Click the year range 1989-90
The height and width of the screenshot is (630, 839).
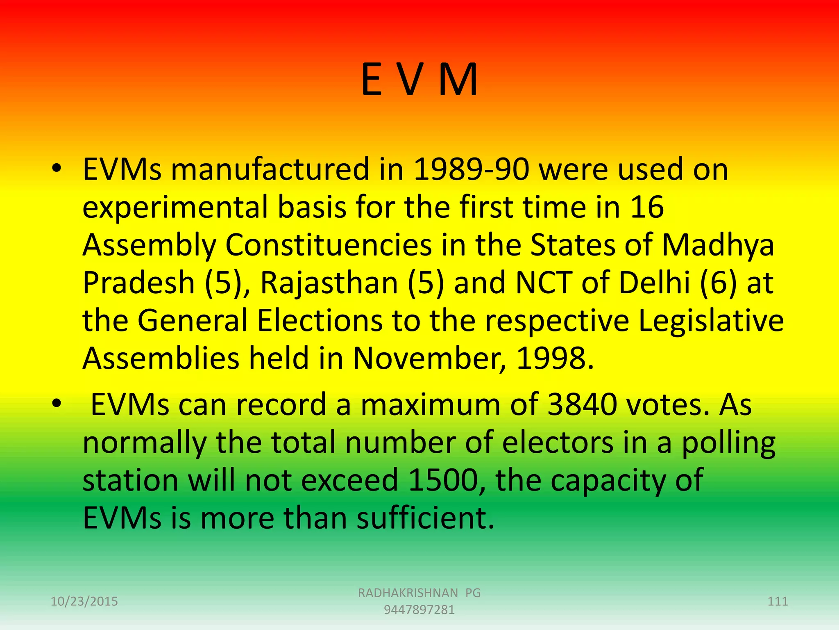pos(471,169)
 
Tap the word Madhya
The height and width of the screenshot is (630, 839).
pos(718,245)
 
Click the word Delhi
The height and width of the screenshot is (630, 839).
pos(654,283)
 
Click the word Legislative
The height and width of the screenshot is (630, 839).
pos(711,321)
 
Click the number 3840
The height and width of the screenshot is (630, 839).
pos(582,405)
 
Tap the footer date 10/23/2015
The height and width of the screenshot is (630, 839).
pos(84,601)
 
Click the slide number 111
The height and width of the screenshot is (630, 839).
pos(778,601)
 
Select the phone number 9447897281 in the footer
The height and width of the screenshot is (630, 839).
pos(419,610)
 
